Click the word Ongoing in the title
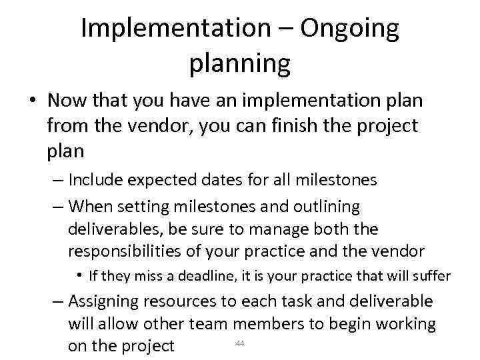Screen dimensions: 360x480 pos(349,28)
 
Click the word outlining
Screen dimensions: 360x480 pos(321,207)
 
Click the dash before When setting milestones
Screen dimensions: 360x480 pos(57,207)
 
